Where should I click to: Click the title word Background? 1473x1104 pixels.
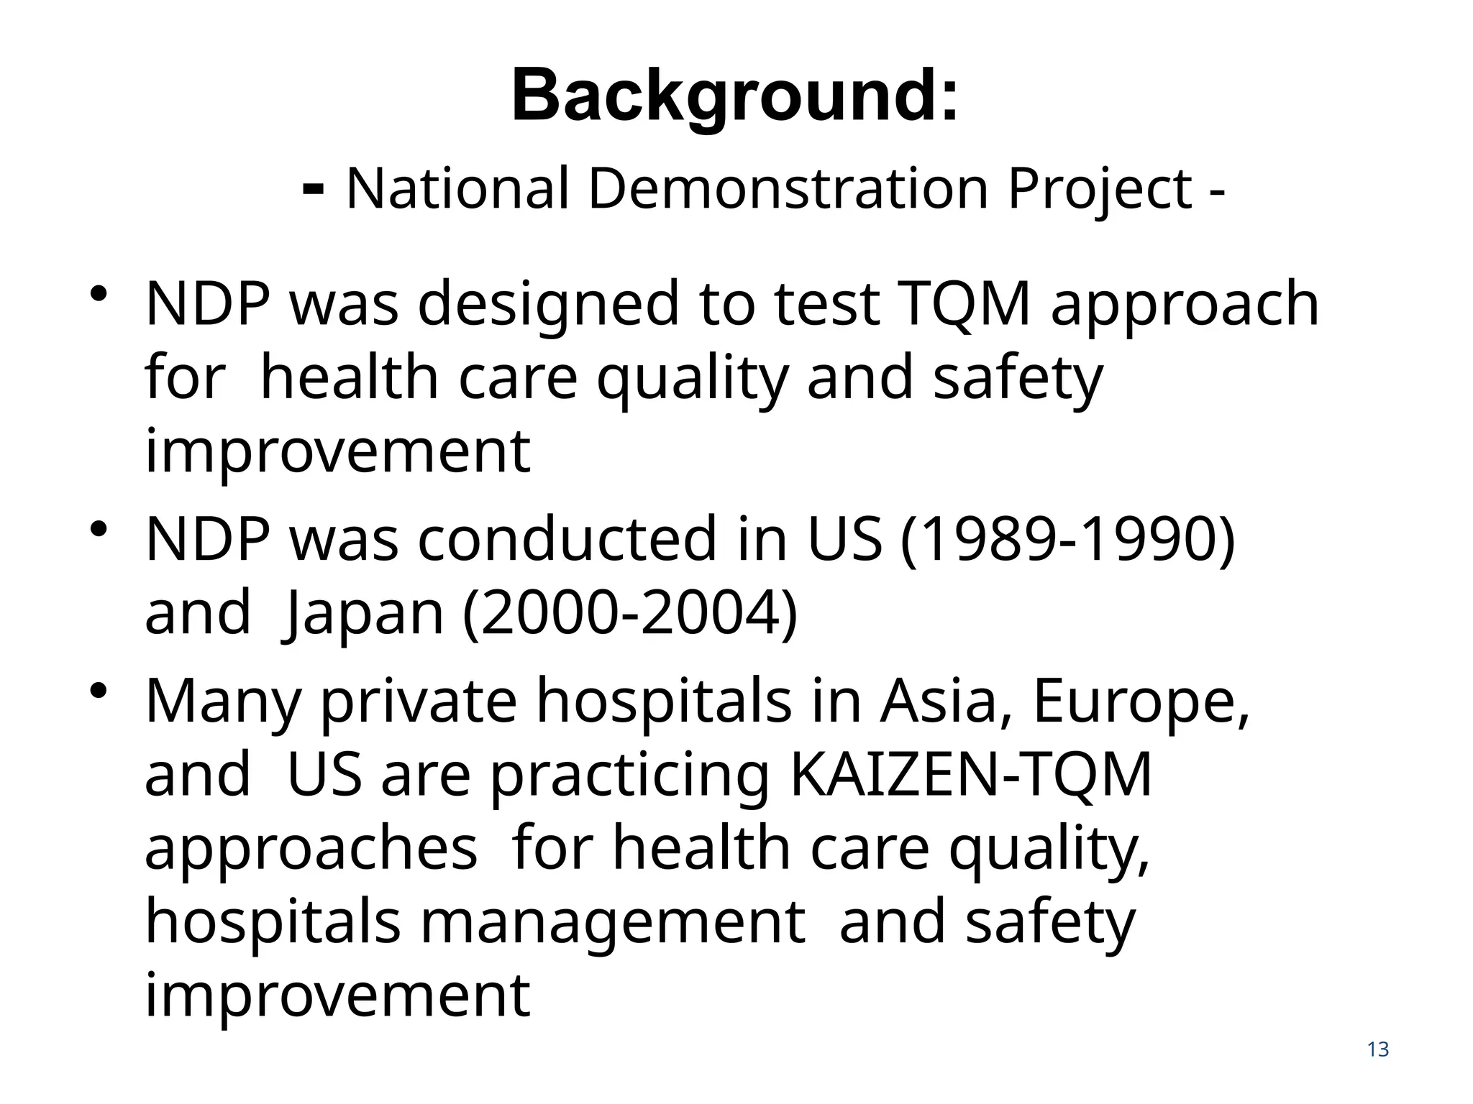click(734, 96)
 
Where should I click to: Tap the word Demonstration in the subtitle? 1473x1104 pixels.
click(788, 188)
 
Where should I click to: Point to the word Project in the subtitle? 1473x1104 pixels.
click(1100, 190)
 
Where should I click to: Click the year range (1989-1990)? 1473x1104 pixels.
click(1067, 539)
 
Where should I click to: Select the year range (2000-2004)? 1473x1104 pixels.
click(630, 613)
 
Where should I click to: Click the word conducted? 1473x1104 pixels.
click(567, 539)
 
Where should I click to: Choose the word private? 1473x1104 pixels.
click(418, 703)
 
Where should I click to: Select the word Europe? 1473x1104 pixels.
click(1141, 703)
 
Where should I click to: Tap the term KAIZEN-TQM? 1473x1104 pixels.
click(971, 775)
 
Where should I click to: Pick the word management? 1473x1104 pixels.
click(612, 923)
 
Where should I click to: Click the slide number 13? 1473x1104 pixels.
click(1377, 1050)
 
